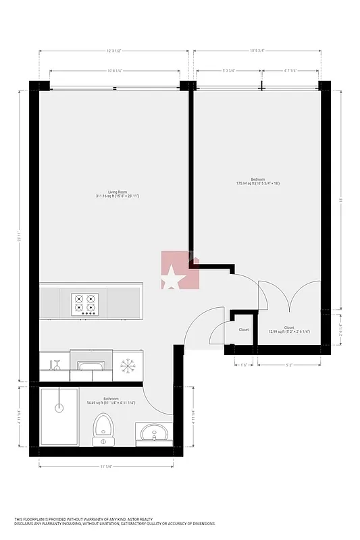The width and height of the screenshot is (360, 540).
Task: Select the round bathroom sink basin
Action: click(155, 432)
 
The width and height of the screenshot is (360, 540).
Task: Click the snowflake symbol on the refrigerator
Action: click(126, 366)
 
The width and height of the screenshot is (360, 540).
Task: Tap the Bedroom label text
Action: click(259, 179)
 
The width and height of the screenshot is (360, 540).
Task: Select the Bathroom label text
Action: click(111, 399)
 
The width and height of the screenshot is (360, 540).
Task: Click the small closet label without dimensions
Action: click(243, 329)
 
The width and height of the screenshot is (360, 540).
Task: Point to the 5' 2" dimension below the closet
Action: click(288, 365)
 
